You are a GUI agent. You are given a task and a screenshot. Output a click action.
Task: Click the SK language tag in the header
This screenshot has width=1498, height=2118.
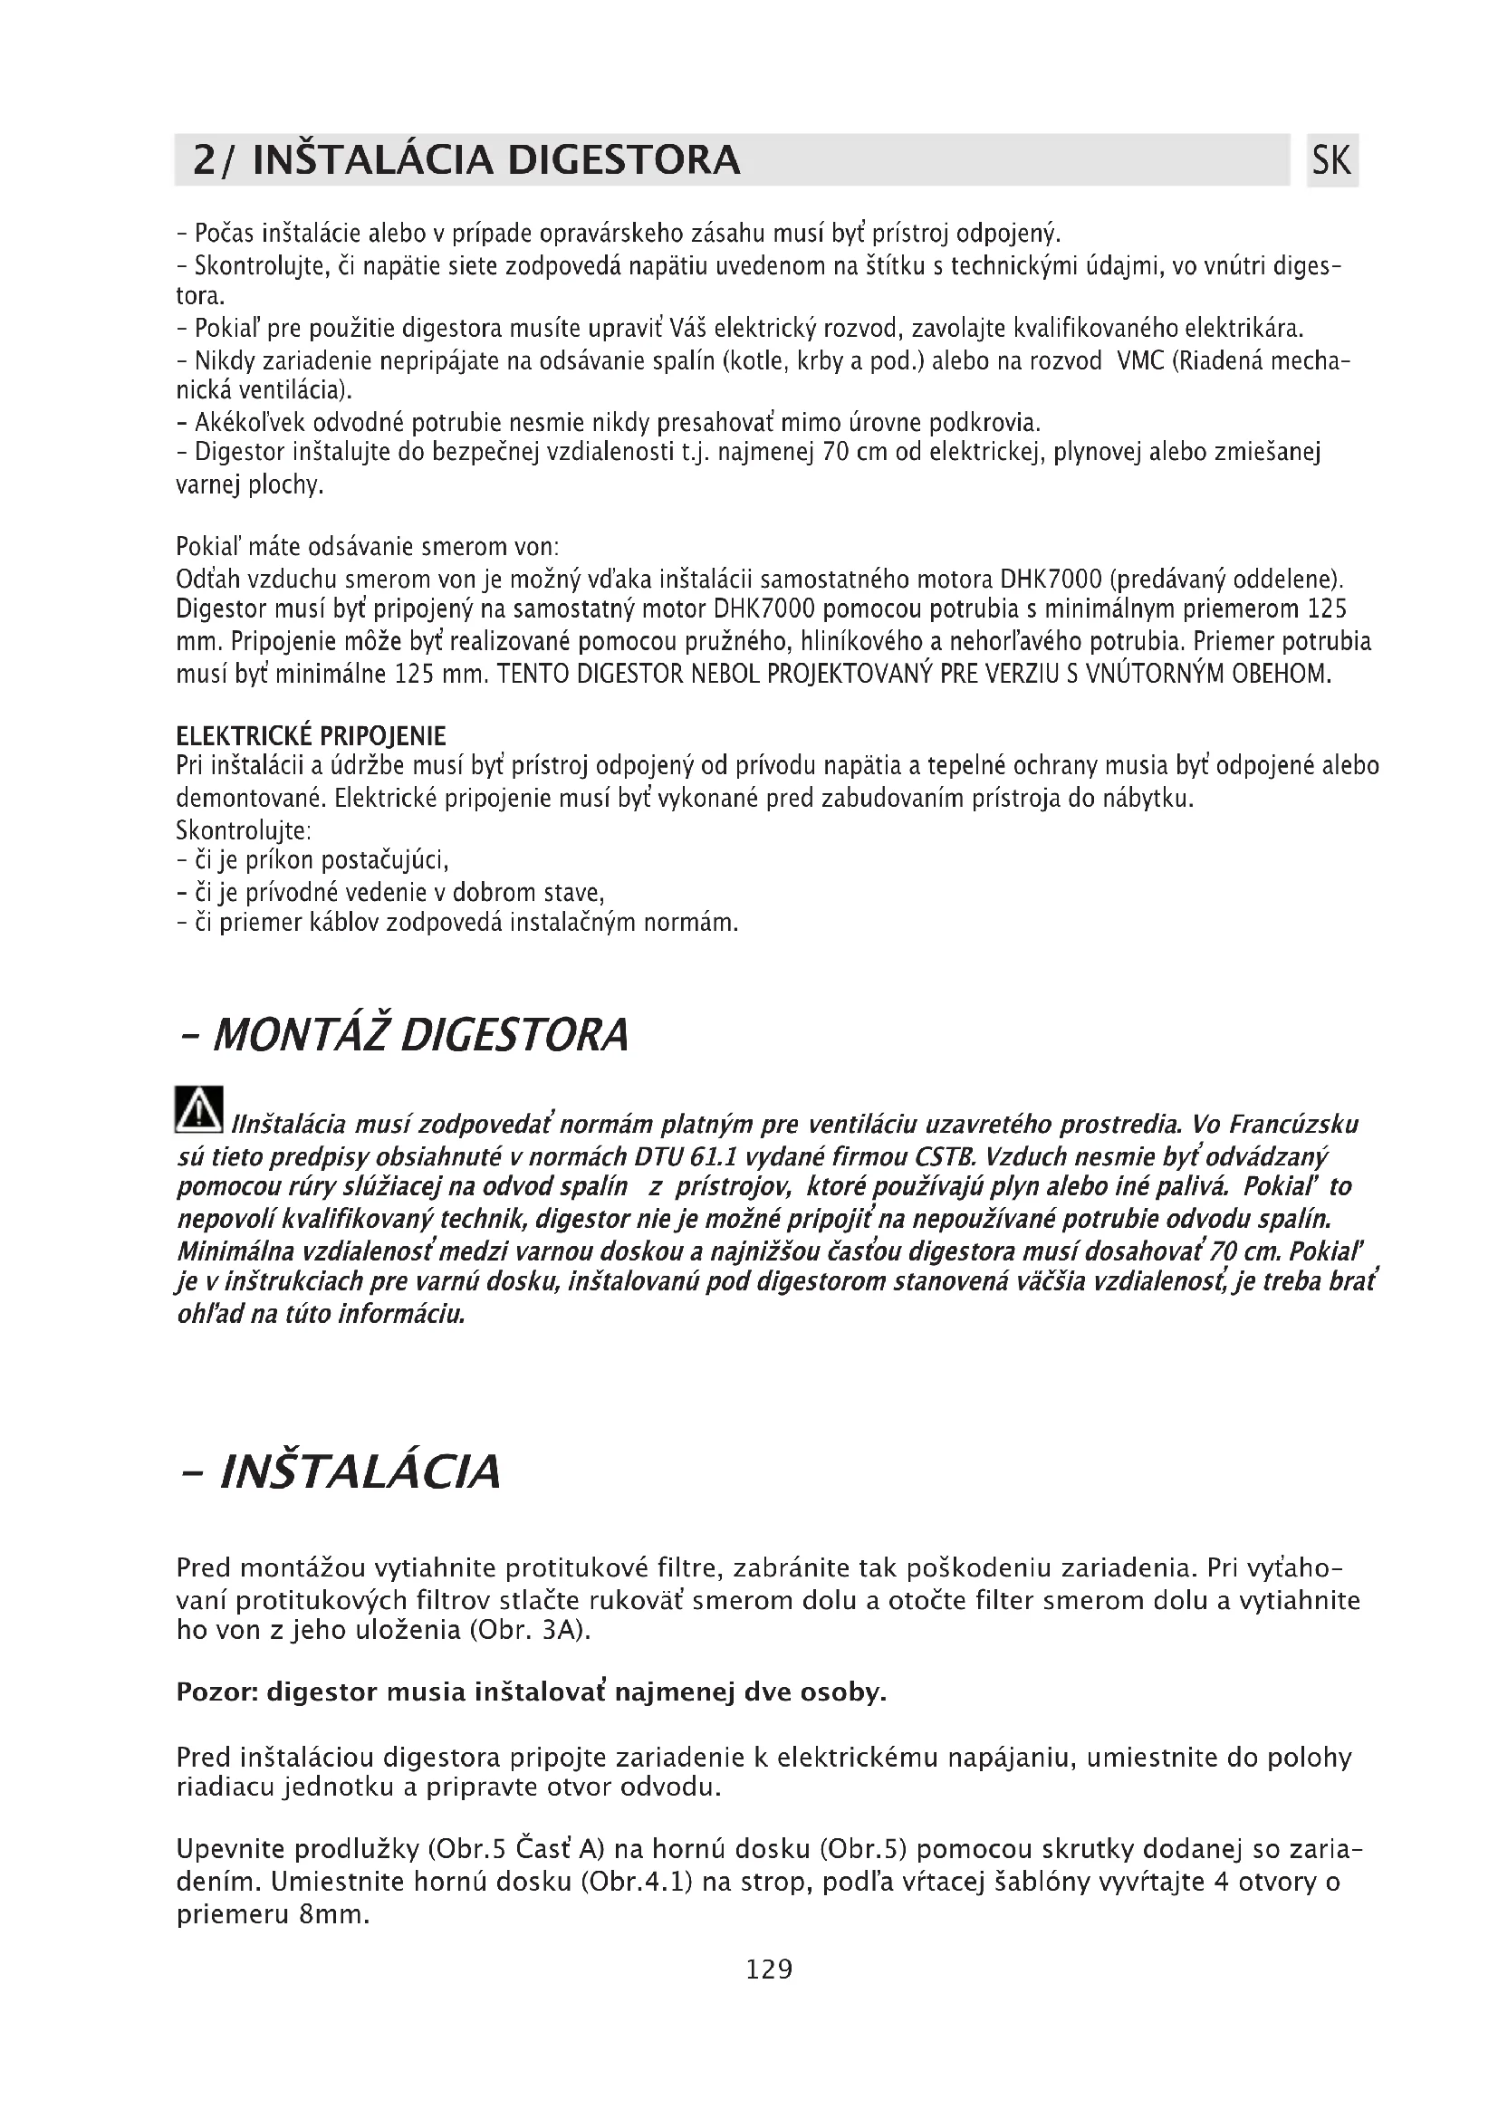(x=1331, y=160)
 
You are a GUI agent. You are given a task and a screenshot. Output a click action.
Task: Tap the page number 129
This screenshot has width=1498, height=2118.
(x=768, y=1969)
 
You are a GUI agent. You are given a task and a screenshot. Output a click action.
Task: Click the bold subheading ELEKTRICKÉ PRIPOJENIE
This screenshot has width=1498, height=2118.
(x=311, y=736)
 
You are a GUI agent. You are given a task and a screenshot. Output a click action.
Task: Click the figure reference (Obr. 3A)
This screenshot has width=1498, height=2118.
(x=530, y=1630)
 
